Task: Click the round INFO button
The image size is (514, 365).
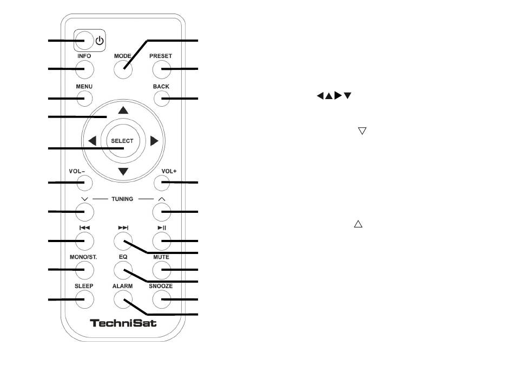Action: point(85,69)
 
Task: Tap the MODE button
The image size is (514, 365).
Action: point(123,69)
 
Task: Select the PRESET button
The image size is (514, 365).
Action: point(161,69)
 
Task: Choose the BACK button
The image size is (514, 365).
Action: point(161,99)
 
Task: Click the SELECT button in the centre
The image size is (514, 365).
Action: point(122,141)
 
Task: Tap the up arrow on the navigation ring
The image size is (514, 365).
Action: point(123,110)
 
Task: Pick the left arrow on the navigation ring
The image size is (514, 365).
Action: point(92,141)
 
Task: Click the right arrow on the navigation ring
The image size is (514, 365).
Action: point(154,141)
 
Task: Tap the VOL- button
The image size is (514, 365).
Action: point(85,183)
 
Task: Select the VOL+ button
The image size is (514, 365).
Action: point(161,183)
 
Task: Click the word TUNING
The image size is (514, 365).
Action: point(122,199)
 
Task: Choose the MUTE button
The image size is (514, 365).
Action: point(161,269)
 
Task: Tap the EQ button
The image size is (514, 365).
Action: point(123,269)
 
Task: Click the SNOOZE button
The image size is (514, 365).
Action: point(161,298)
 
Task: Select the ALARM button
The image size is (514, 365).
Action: point(123,298)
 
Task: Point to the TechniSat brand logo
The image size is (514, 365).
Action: point(123,324)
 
